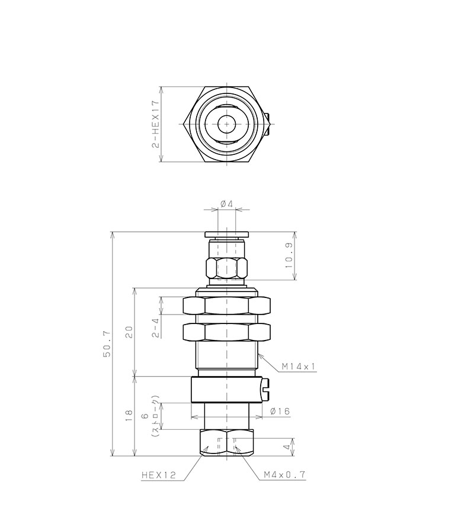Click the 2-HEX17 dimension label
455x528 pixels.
click(156, 124)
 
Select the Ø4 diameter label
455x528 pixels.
click(226, 204)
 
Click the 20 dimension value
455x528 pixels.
click(129, 331)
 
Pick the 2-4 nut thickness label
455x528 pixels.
click(155, 327)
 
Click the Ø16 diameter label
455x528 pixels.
click(279, 411)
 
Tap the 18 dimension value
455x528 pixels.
click(129, 416)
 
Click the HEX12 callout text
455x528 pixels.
click(159, 474)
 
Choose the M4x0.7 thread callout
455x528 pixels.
click(285, 474)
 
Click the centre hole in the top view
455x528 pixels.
click(226, 124)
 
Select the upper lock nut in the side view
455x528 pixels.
click(226, 306)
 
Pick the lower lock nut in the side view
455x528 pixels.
click(226, 332)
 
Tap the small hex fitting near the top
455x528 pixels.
click(226, 268)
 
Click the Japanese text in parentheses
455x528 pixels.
click(156, 416)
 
